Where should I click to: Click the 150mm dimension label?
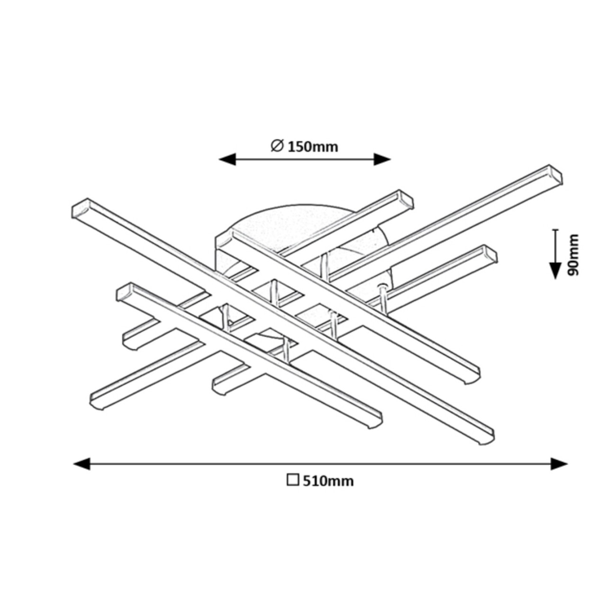coord(313,147)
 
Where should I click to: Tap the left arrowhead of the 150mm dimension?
coord(227,159)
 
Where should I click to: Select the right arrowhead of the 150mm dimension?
coord(382,159)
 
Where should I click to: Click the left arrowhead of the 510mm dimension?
coord(82,463)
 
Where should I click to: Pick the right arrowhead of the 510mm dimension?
coord(559,463)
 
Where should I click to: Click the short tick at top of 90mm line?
coord(555,229)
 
